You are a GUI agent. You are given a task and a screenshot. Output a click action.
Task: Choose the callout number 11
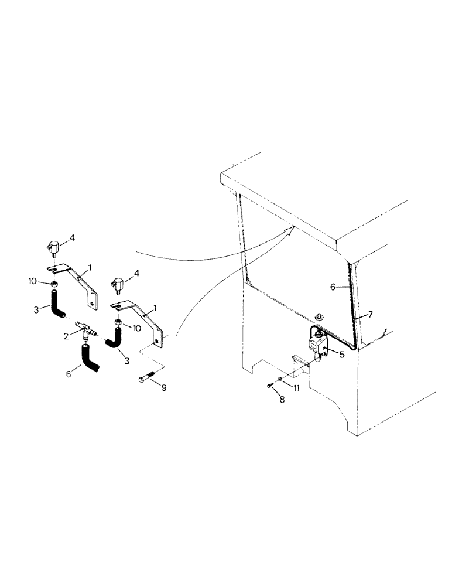click(296, 388)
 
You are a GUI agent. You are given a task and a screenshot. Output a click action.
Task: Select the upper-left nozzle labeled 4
click(52, 248)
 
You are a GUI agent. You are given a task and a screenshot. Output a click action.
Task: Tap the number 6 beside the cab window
click(332, 287)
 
